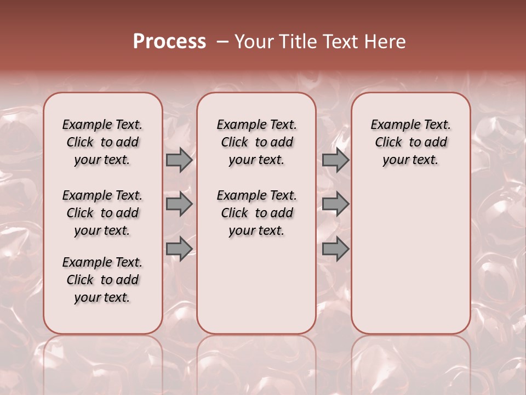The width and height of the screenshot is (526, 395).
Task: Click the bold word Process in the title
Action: click(169, 42)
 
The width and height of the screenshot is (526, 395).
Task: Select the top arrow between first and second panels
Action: click(179, 160)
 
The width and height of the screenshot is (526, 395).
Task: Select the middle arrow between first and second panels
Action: click(179, 204)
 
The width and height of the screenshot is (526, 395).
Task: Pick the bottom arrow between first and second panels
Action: click(179, 249)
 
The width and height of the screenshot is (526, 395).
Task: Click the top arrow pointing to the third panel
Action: click(335, 160)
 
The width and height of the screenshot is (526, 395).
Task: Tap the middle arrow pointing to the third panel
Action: click(335, 204)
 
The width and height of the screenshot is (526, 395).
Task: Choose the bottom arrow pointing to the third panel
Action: click(335, 249)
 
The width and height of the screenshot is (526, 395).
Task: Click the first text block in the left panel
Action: click(102, 142)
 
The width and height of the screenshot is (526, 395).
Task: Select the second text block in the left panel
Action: click(102, 213)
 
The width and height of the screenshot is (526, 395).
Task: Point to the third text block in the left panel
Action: click(102, 280)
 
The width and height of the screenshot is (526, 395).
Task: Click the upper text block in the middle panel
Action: click(256, 142)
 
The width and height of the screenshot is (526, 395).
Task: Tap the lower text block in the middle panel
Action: click(256, 213)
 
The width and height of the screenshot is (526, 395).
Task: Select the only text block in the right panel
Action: click(410, 142)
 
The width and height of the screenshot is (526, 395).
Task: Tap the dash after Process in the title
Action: click(221, 42)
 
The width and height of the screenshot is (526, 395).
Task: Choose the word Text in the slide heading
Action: click(341, 42)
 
